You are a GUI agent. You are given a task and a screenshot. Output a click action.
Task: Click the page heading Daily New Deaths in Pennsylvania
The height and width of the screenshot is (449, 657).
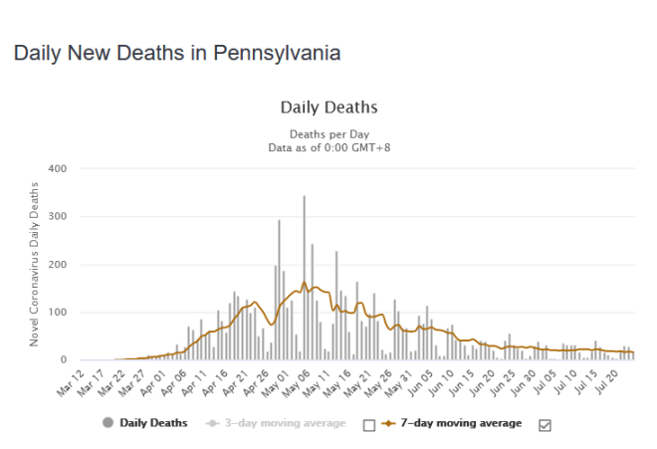point(177,53)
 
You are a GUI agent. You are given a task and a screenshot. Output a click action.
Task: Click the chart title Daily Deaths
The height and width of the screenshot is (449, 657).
point(328,107)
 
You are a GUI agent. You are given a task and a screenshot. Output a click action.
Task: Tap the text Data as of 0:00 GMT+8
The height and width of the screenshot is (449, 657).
point(328,147)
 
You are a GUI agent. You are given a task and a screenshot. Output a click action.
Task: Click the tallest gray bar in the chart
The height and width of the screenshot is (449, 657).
point(304,279)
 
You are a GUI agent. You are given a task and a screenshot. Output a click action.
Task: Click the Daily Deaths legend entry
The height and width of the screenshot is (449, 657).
point(145,423)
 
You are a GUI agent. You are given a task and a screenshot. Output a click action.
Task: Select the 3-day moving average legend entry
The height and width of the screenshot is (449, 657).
point(277,423)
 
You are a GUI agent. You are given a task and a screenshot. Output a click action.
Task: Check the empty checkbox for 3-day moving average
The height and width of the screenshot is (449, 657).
point(369,424)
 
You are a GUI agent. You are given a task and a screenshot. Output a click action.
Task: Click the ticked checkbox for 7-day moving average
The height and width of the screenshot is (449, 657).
point(545,424)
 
